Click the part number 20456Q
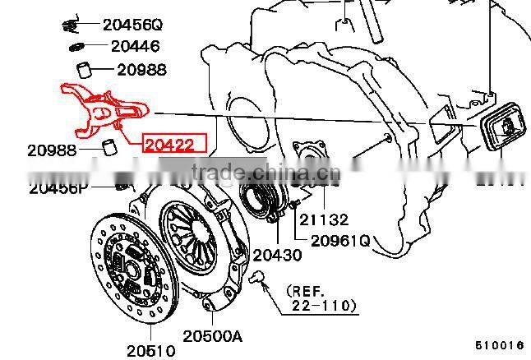(x=132, y=25)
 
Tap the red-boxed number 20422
(x=169, y=145)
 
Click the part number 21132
(x=323, y=219)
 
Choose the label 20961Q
(x=339, y=241)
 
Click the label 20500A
(x=213, y=335)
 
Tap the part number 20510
(x=150, y=350)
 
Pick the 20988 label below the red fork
(x=52, y=150)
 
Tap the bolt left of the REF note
(x=259, y=278)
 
